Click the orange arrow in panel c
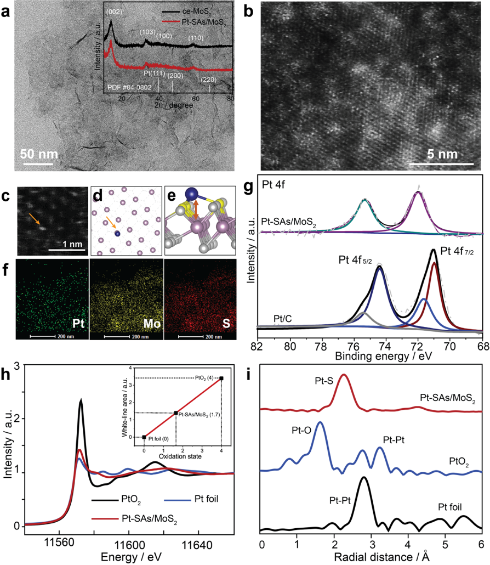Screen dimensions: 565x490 35,219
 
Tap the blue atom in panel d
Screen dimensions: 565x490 117,233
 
